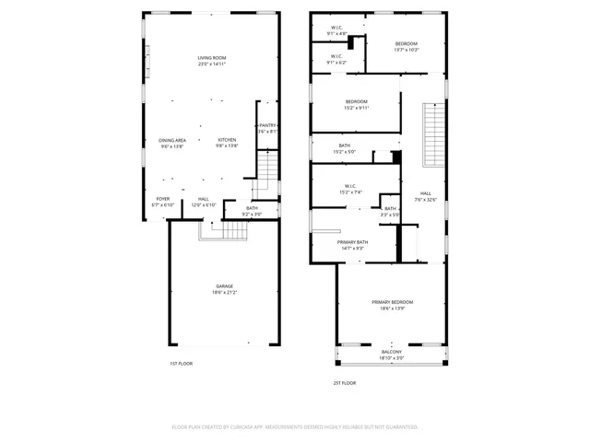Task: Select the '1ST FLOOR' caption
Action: [181, 364]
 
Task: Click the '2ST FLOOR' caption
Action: [344, 383]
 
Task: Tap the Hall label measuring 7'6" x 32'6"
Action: [426, 196]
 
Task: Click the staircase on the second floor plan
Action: [433, 134]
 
